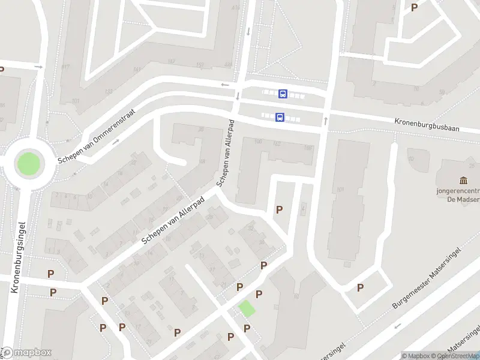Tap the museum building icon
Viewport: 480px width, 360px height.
tap(464, 181)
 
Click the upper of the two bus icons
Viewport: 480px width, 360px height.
tap(283, 94)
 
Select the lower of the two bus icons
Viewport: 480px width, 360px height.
tap(280, 118)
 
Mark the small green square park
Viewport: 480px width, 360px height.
tap(247, 309)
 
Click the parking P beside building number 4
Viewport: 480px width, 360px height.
tap(279, 209)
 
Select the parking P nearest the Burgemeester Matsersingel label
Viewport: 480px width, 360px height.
tap(361, 287)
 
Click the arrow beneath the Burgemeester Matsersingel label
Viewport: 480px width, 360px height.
tap(397, 326)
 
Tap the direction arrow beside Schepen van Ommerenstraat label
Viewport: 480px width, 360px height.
tap(115, 142)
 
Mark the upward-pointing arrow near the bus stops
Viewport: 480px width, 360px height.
tap(325, 121)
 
